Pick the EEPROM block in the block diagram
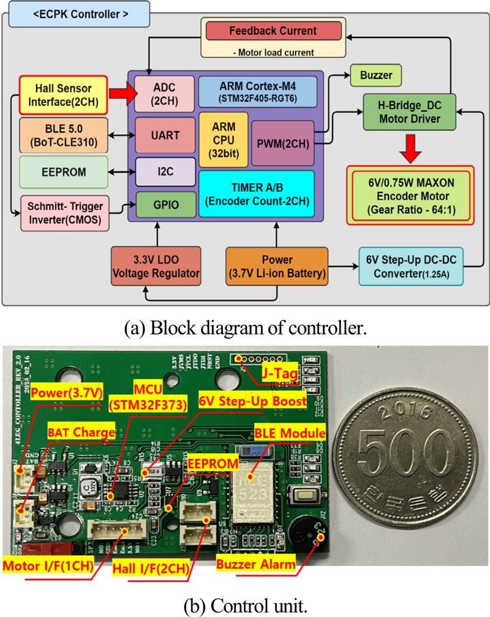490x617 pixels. click(x=63, y=172)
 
